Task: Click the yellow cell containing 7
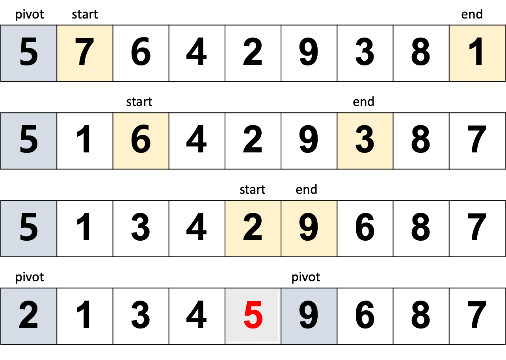point(85,53)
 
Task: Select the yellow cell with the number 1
point(477,53)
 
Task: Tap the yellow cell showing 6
point(141,141)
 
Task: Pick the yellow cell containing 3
point(365,141)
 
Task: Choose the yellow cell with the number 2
point(253,228)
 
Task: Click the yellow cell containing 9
point(309,228)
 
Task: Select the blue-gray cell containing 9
point(309,316)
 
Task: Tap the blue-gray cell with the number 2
point(28,316)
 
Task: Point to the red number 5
point(253,316)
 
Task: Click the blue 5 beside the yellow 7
point(28,53)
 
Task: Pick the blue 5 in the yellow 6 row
point(28,141)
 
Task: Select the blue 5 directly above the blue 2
point(28,228)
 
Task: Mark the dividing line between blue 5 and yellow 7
point(57,53)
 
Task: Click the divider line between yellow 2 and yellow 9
point(281,228)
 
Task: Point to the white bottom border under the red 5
point(253,342)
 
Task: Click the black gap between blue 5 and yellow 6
point(85,141)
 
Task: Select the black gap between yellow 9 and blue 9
point(309,272)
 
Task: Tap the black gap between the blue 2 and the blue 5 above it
point(28,272)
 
